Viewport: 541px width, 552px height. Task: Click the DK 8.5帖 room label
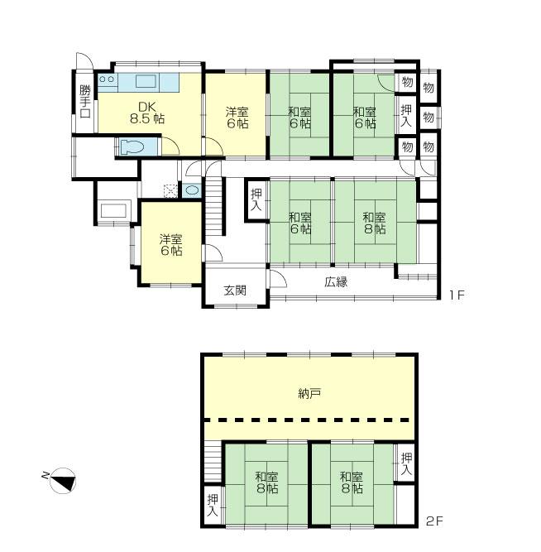pyautogui.click(x=146, y=113)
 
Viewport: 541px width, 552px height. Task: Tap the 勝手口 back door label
pyautogui.click(x=84, y=101)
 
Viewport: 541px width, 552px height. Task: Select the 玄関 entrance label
pyautogui.click(x=235, y=290)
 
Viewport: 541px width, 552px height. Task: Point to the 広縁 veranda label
pyautogui.click(x=336, y=282)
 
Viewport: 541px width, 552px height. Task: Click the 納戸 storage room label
pyautogui.click(x=309, y=394)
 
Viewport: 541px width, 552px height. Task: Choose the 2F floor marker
pyautogui.click(x=435, y=521)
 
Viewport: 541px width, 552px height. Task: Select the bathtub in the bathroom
pyautogui.click(x=113, y=210)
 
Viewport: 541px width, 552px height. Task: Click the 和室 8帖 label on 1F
pyautogui.click(x=374, y=223)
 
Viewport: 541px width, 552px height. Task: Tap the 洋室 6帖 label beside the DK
pyautogui.click(x=237, y=118)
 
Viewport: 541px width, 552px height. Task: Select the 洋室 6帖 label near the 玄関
pyautogui.click(x=170, y=245)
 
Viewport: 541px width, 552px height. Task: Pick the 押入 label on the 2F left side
pyautogui.click(x=213, y=506)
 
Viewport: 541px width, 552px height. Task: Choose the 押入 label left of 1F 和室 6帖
pyautogui.click(x=256, y=200)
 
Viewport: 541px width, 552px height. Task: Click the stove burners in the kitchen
pyautogui.click(x=107, y=81)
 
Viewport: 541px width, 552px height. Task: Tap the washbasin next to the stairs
pyautogui.click(x=193, y=190)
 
